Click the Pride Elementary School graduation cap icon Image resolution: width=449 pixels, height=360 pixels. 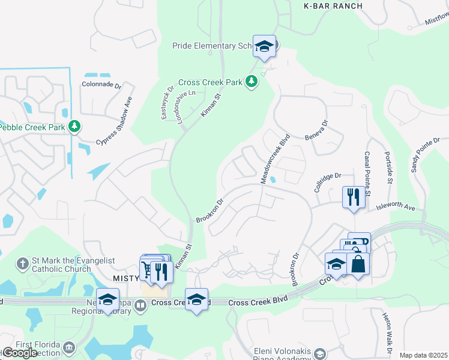point(264,46)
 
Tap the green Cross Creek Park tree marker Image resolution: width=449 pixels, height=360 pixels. point(252,81)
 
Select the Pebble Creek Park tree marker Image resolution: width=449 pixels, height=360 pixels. point(74,127)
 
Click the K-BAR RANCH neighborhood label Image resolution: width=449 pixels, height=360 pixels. point(333,6)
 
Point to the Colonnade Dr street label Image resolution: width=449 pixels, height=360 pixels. point(101,85)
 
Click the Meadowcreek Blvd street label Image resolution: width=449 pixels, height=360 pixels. point(276,158)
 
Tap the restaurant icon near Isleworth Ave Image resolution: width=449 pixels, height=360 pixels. point(353,196)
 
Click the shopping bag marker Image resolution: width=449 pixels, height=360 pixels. point(358,263)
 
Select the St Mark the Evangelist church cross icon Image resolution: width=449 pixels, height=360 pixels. point(23,263)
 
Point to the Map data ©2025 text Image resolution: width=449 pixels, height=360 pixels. point(423,355)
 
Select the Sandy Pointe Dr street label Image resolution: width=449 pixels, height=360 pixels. point(426,154)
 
